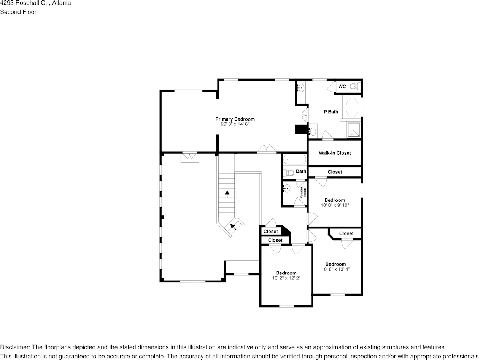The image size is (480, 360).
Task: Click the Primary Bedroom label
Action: click(x=235, y=119)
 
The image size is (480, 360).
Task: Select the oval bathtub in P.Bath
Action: click(x=352, y=107)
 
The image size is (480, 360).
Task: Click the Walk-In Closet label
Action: click(x=335, y=153)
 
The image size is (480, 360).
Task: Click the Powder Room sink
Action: click(x=287, y=188)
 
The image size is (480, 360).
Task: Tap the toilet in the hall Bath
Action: click(x=288, y=173)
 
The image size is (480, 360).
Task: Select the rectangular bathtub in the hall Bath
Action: click(x=294, y=159)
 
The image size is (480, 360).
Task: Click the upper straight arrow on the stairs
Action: click(x=227, y=194)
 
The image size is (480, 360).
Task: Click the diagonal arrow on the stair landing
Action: click(x=232, y=227)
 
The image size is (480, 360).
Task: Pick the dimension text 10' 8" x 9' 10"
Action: click(x=335, y=205)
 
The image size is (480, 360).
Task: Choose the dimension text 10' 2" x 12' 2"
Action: click(x=286, y=278)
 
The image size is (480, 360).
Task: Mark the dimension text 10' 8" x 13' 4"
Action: click(x=335, y=269)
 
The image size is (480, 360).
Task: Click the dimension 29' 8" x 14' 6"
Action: click(x=235, y=124)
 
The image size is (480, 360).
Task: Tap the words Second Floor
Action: click(x=18, y=12)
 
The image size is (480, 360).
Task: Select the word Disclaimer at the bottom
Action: click(x=14, y=347)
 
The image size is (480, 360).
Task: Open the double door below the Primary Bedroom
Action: click(x=266, y=149)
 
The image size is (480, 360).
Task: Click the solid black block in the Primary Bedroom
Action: click(x=301, y=129)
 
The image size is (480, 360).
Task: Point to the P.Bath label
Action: click(x=331, y=112)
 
